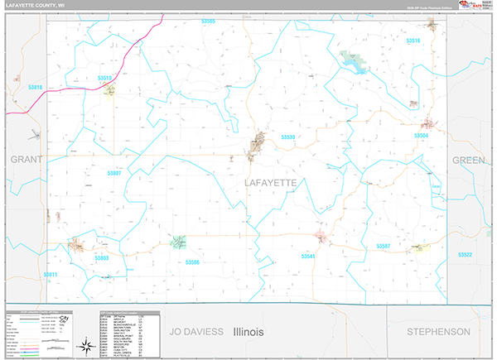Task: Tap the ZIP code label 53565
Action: (207, 21)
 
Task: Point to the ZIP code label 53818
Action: (35, 86)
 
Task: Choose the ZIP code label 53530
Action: (287, 137)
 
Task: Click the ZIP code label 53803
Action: (102, 258)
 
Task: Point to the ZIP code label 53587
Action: (383, 247)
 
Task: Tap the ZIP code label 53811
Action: (51, 274)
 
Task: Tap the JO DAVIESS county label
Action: (196, 331)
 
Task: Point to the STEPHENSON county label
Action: (439, 331)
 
